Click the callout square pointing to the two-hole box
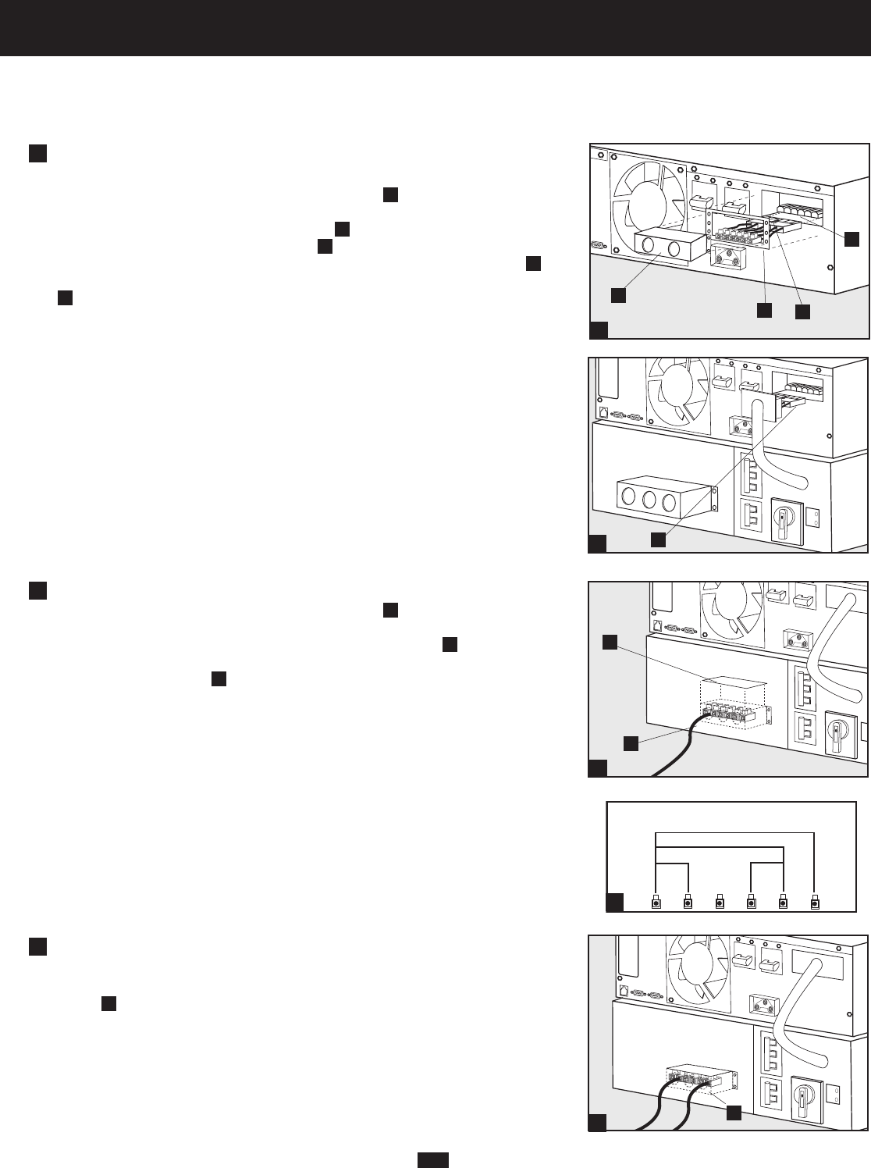(617, 294)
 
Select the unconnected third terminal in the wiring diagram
(720, 903)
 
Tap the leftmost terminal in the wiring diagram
(656, 903)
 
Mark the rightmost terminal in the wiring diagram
(815, 903)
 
